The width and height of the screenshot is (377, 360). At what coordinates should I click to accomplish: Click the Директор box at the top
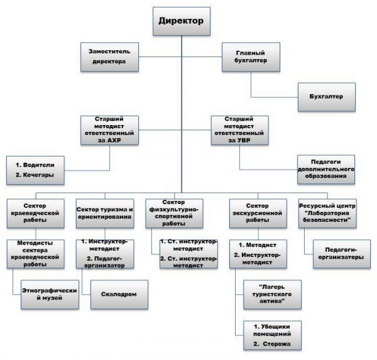(182, 21)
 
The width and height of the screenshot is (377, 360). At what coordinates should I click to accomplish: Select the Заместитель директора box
(109, 57)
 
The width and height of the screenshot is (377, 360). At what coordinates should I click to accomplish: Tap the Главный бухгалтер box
(251, 57)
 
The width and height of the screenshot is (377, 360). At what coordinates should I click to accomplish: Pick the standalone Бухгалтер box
(327, 97)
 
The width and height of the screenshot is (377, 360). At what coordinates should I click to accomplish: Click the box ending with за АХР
(109, 130)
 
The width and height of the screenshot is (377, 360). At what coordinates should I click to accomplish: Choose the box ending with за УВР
(240, 130)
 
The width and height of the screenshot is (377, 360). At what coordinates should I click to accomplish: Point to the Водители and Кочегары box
(35, 170)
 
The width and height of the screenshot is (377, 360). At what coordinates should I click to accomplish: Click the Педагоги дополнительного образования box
(326, 170)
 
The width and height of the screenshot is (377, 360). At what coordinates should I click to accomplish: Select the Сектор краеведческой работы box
(36, 214)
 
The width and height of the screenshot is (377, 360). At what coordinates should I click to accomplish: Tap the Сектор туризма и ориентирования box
(105, 214)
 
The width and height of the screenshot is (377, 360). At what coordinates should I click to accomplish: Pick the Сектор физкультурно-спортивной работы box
(174, 214)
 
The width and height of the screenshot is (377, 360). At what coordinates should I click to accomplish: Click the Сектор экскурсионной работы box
(258, 214)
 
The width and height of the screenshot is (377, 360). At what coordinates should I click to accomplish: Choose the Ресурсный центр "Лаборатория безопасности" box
(327, 214)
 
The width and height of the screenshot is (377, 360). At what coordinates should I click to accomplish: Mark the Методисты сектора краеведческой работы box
(36, 254)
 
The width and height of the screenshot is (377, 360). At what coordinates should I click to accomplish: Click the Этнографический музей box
(50, 295)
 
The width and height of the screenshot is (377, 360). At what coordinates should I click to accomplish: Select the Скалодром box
(119, 295)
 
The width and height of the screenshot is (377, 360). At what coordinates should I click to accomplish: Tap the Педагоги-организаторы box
(342, 254)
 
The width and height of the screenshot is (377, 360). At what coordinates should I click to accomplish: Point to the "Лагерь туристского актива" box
(272, 295)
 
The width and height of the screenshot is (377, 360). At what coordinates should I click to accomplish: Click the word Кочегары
(38, 175)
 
